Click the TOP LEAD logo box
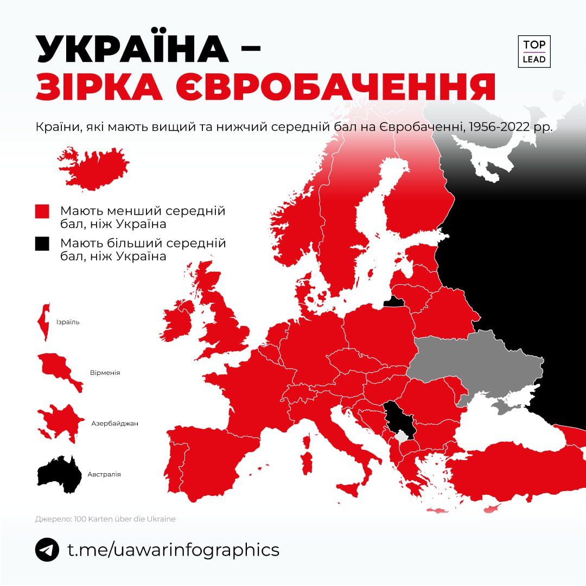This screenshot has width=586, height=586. click(534, 52)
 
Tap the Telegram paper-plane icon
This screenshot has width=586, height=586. click(47, 550)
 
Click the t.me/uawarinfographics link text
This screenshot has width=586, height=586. click(173, 550)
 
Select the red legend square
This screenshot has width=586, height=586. click(42, 211)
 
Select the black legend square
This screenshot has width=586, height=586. click(42, 244)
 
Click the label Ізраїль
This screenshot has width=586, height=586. click(68, 322)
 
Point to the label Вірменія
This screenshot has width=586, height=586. click(105, 373)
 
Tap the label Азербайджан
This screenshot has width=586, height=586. click(114, 423)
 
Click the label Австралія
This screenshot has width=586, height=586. click(104, 474)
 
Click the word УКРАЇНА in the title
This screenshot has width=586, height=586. click(132, 49)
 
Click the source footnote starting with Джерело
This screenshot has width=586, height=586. click(105, 519)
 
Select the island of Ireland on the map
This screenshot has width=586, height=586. click(176, 324)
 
